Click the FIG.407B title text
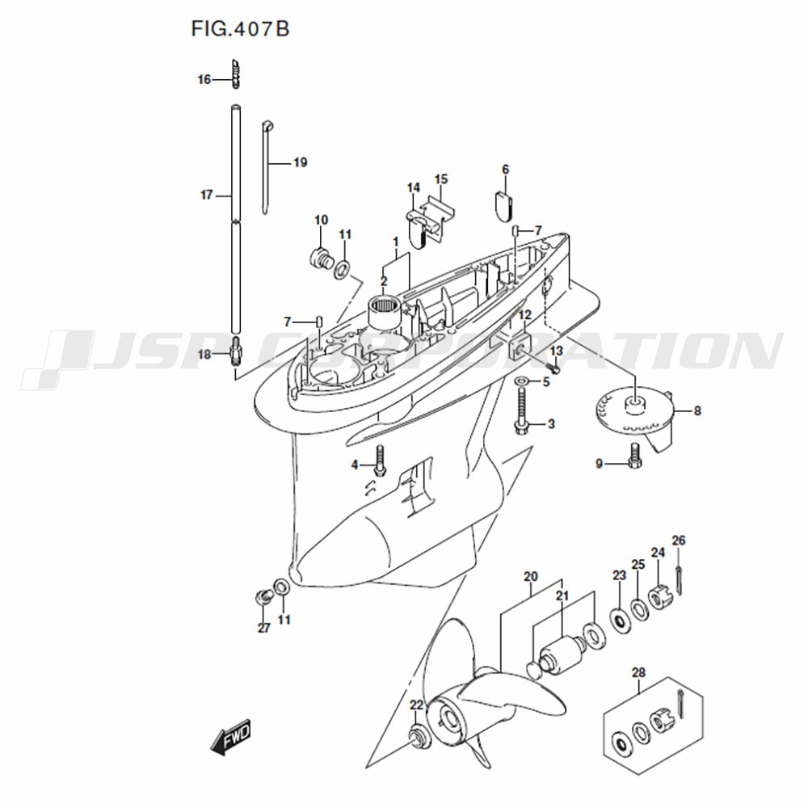(240, 29)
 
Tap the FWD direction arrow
(231, 736)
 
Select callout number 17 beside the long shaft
(207, 196)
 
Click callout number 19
(300, 163)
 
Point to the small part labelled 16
(236, 74)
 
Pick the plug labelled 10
(321, 257)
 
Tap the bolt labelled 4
(380, 461)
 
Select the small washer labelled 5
(520, 381)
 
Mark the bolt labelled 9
(634, 456)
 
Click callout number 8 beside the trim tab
(697, 411)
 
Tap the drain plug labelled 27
(263, 596)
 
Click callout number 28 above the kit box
(638, 673)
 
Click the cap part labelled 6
(505, 204)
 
